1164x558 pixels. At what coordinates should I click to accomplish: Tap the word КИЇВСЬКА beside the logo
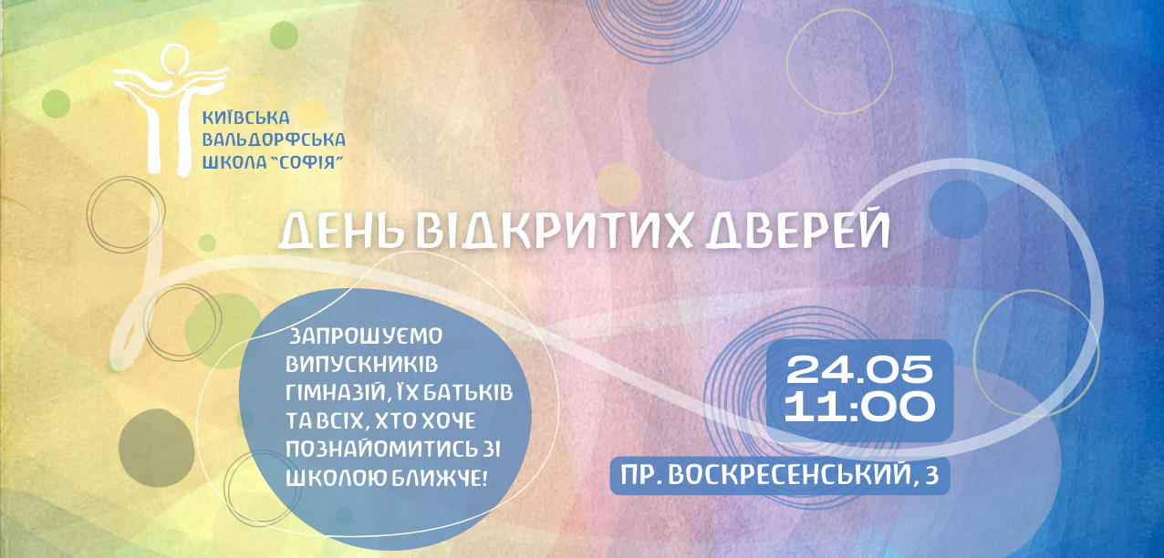click(x=245, y=118)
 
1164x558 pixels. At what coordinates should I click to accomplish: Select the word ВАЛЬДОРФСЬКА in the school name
click(x=274, y=139)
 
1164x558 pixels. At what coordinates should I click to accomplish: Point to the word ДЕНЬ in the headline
click(x=341, y=231)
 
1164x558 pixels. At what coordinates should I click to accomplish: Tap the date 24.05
click(x=859, y=370)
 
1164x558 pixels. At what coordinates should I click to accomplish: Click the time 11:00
click(x=859, y=407)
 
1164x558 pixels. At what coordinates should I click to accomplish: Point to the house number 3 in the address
click(x=932, y=475)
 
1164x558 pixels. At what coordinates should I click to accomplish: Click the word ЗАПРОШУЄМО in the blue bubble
click(x=365, y=336)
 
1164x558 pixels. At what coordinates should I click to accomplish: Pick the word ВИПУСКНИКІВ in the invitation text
click(x=361, y=364)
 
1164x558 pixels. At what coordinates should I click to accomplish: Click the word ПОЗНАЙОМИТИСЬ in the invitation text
click(x=374, y=449)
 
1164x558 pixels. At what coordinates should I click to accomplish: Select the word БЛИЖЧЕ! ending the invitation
click(x=439, y=478)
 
